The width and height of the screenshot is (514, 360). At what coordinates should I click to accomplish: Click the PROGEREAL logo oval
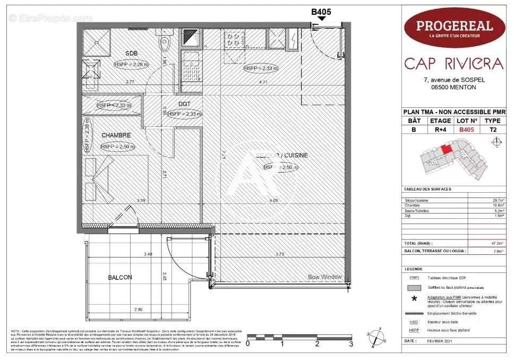453,28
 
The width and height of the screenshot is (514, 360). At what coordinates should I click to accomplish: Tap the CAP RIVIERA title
453,64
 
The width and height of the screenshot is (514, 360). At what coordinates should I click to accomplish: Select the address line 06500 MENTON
453,88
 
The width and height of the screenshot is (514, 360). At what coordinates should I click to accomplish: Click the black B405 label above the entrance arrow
320,10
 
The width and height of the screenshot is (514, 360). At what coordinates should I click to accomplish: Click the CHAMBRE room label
116,135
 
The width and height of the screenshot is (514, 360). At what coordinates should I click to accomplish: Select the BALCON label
120,277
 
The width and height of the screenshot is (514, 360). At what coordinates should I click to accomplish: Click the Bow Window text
325,277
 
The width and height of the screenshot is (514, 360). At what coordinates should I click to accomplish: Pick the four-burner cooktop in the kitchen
234,39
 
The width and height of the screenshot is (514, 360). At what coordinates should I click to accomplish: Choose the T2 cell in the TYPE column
492,129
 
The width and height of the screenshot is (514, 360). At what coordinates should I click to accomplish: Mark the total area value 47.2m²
497,243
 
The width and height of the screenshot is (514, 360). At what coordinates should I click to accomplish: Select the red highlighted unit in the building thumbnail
447,149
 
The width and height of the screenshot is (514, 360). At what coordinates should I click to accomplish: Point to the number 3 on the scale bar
351,344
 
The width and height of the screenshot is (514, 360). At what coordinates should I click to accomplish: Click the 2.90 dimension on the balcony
139,309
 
